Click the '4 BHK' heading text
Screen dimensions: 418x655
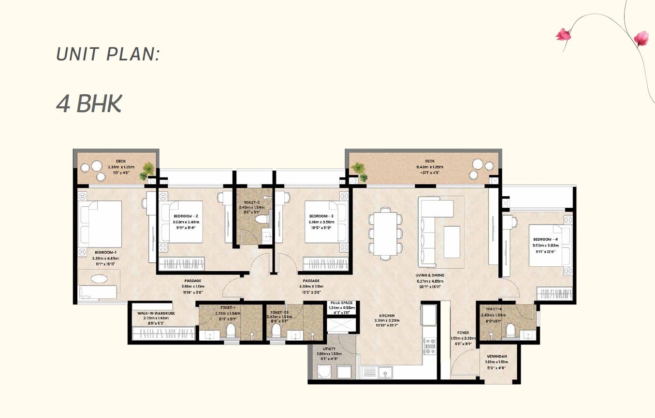point(88,104)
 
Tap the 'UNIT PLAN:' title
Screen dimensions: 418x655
point(108,54)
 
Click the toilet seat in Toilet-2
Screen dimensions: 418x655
point(262,220)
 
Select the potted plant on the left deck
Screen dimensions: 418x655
point(148,170)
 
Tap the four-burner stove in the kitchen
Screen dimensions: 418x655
point(429,346)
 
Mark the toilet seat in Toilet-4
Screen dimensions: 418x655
point(510,331)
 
